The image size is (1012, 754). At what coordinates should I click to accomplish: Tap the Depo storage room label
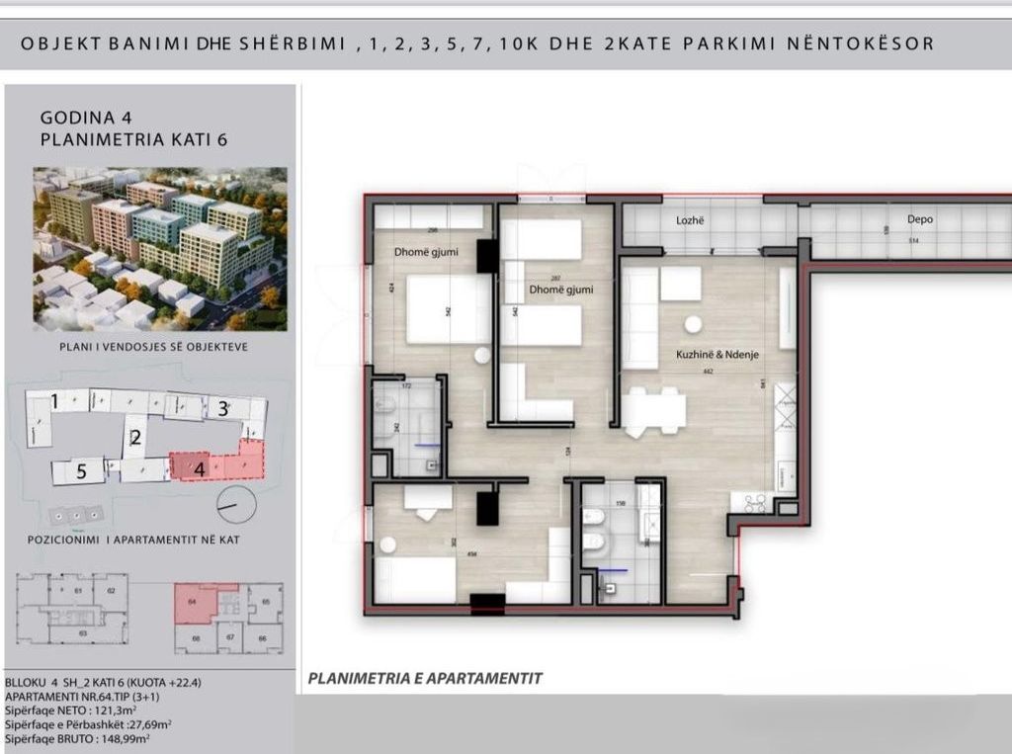click(920, 219)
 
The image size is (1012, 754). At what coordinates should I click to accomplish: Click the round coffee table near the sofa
click(694, 323)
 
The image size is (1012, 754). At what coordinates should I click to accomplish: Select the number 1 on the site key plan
click(55, 401)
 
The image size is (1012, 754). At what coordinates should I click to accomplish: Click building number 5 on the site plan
click(82, 472)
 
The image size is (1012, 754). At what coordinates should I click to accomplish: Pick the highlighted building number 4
click(200, 468)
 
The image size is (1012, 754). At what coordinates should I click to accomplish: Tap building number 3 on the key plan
click(223, 408)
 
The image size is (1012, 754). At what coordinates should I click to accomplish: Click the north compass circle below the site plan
click(236, 505)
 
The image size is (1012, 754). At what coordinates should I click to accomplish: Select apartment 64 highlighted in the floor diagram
click(195, 603)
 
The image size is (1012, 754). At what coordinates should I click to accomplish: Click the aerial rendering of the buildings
click(160, 248)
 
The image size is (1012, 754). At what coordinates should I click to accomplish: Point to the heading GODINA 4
click(95, 116)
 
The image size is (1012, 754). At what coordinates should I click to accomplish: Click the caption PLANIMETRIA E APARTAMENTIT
click(425, 679)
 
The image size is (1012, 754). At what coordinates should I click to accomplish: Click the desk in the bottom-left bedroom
click(427, 499)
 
